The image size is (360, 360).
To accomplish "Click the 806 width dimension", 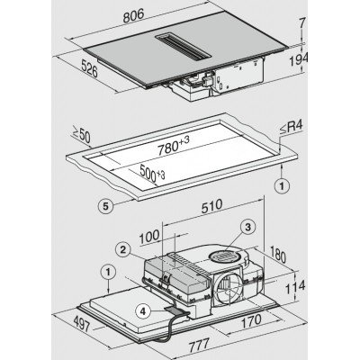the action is [x=133, y=15].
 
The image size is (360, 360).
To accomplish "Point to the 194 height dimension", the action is [x=298, y=59].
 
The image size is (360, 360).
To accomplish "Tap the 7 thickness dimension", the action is [x=302, y=22].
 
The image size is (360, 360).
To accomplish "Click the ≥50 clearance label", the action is [x=81, y=135].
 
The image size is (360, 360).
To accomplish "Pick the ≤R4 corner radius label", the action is [x=292, y=128].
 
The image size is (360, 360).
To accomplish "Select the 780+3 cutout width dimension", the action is [x=174, y=146].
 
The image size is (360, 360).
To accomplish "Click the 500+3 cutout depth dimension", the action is [x=152, y=174].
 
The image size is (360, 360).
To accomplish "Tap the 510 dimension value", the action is [x=211, y=206].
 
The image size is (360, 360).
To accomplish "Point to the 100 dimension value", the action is [x=149, y=237].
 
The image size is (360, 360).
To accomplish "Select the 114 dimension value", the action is [x=294, y=287].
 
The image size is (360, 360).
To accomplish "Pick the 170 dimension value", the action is [x=251, y=321].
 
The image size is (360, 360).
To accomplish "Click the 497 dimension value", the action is [x=82, y=323].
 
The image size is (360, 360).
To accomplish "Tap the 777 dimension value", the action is [x=199, y=345].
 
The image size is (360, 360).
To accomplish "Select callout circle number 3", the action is [x=247, y=228].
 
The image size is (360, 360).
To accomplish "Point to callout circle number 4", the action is [x=143, y=311].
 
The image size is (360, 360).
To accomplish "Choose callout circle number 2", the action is [x=122, y=250].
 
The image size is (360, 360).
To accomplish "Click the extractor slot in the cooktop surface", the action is [x=184, y=46].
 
